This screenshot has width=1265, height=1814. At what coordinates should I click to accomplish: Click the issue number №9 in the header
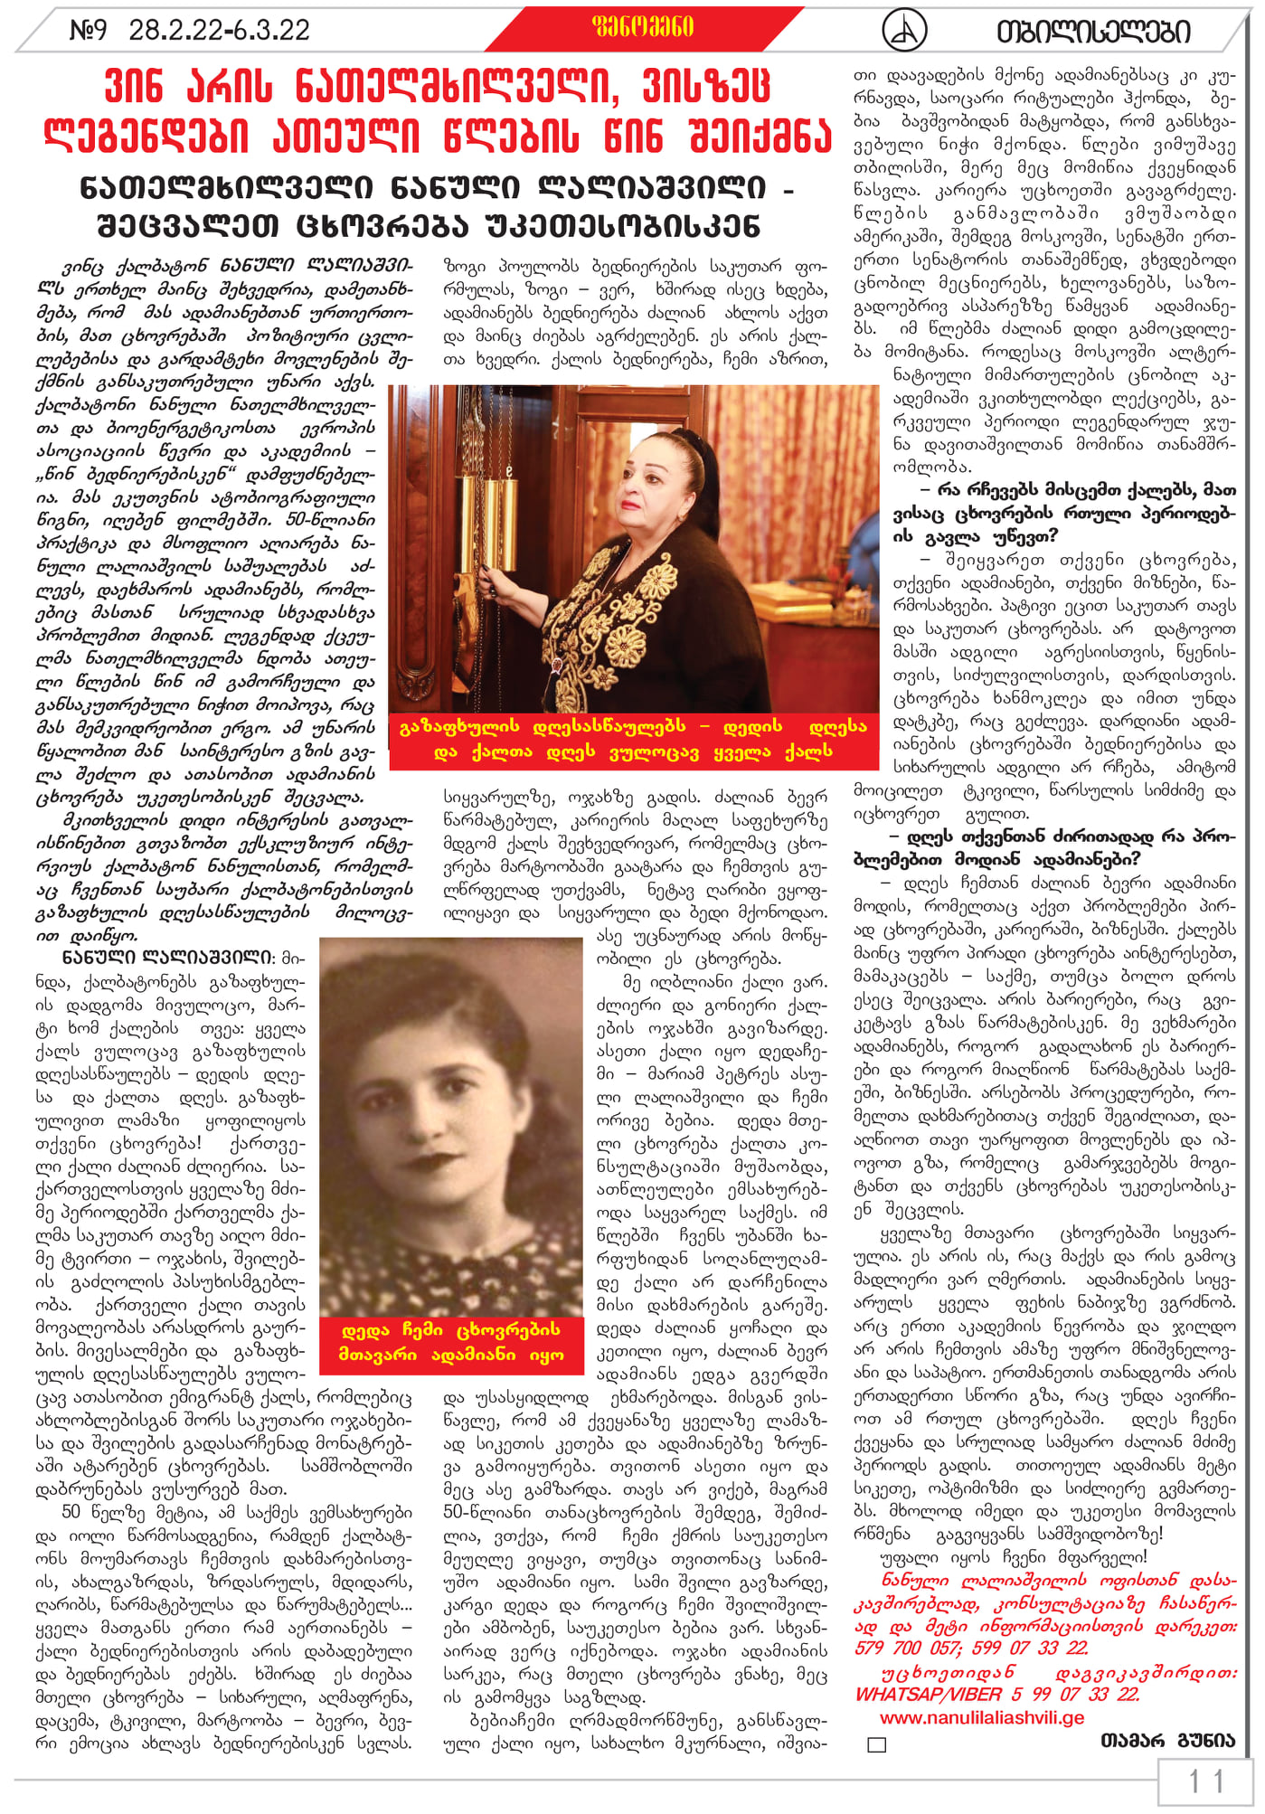tap(88, 31)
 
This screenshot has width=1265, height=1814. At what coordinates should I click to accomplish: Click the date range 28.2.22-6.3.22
tap(219, 31)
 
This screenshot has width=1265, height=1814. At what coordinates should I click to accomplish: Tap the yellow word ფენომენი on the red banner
tap(643, 27)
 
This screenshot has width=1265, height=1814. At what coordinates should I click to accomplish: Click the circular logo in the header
tap(903, 30)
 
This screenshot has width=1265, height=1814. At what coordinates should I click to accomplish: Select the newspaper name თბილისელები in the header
tap(1093, 32)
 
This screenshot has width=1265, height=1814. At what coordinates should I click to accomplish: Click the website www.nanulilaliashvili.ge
tap(981, 1717)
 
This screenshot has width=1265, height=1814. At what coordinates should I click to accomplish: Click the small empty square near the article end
tap(876, 1743)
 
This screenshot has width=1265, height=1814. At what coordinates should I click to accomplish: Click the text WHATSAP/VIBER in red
tap(929, 1694)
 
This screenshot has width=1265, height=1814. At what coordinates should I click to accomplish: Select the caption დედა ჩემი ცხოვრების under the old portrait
tap(451, 1330)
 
